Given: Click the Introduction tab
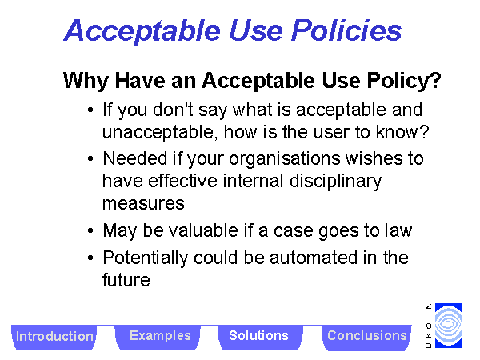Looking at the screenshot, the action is (54, 337).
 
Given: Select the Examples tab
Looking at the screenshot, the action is (159, 337).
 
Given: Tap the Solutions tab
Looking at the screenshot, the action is (259, 337).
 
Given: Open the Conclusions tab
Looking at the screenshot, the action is (366, 337).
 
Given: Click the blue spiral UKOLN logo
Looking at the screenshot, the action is (449, 326).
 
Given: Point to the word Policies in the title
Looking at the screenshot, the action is (346, 30).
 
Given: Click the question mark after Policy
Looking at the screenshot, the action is (434, 81).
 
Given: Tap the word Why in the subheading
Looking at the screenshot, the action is (86, 81).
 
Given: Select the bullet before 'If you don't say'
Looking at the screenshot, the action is (90, 110).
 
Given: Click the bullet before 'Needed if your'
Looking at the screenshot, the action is (90, 158).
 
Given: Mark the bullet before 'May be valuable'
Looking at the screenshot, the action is (90, 230).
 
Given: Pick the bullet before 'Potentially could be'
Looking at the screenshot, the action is (90, 258).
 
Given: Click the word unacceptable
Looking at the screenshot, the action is (160, 133).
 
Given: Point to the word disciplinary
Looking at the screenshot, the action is (335, 182).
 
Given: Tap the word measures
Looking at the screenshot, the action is (143, 203).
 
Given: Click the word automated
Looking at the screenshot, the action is (314, 258).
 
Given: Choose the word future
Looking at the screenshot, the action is (126, 280).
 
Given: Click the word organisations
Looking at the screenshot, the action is (284, 159).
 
